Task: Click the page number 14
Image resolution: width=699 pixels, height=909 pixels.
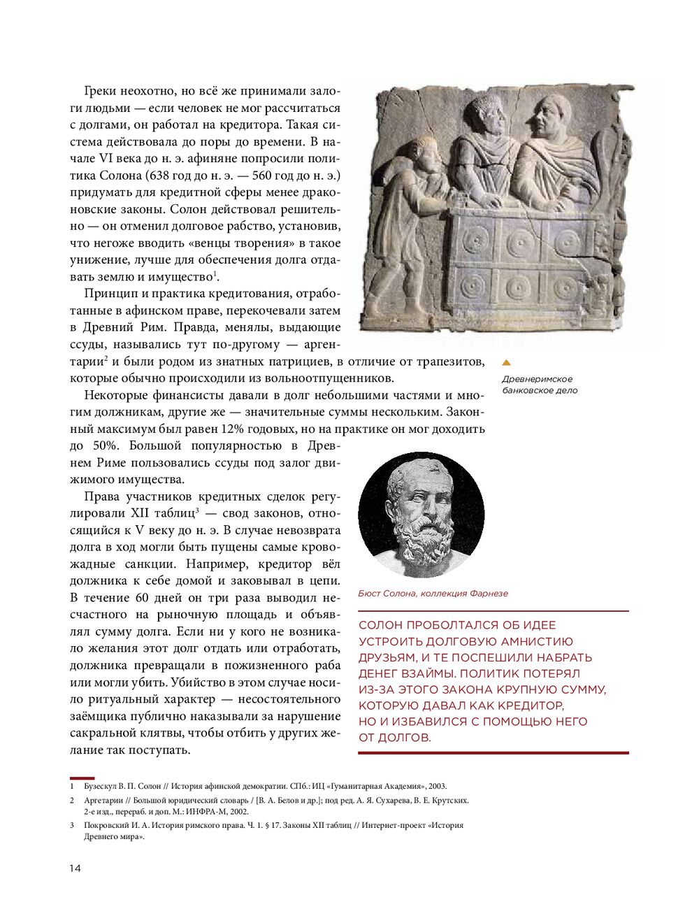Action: click(x=75, y=868)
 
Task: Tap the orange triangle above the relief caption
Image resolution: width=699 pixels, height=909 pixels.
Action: click(x=507, y=363)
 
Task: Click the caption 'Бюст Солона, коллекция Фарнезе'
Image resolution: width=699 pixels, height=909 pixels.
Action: click(x=433, y=594)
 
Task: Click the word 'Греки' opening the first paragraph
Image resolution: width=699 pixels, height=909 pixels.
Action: click(x=103, y=92)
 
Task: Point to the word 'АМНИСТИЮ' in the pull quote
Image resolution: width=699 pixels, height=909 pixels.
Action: click(x=535, y=641)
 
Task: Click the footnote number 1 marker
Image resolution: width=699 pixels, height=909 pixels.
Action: click(x=72, y=786)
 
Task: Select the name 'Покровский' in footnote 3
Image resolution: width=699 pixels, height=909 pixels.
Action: click(x=106, y=825)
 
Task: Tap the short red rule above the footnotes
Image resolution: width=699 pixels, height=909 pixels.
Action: click(x=82, y=778)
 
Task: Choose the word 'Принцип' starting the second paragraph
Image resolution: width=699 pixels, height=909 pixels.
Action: click(x=107, y=294)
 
